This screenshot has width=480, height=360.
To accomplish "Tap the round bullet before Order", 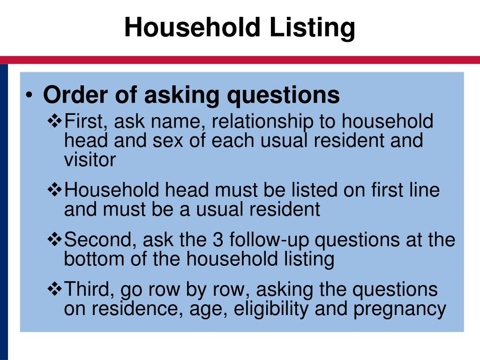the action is coord(29,95).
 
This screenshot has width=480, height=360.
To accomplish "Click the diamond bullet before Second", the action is coord(55,240).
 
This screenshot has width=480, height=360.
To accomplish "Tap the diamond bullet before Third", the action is coord(55,289).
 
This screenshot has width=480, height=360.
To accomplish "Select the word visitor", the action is coord(90,159).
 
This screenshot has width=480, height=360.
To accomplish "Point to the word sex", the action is coord(168,141).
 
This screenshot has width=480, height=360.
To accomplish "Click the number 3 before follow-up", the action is coord(218,240).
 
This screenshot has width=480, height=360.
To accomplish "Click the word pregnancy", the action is coord(400,310).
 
